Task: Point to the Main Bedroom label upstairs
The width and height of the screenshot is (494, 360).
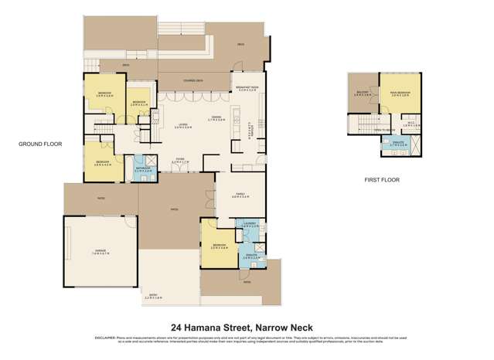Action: tap(400, 95)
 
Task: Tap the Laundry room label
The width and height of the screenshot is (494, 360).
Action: tap(249, 225)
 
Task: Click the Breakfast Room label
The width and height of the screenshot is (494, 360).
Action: tap(249, 89)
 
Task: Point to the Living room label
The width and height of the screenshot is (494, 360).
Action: tap(182, 124)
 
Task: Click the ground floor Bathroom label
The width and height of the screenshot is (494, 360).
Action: tap(143, 168)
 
